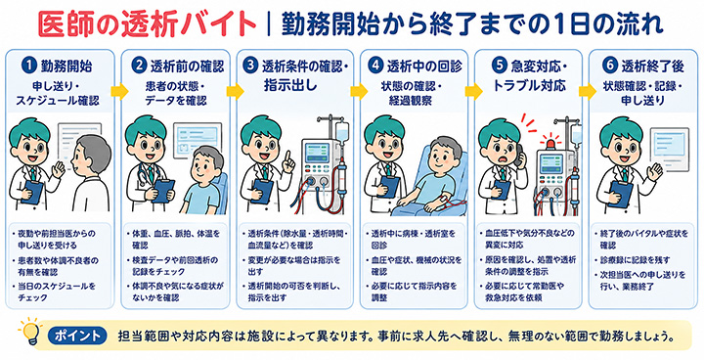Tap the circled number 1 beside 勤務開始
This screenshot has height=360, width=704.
click(x=29, y=67)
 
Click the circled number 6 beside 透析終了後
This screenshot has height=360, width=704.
click(x=609, y=67)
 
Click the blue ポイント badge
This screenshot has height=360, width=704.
click(x=77, y=336)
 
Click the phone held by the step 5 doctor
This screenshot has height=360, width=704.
click(x=519, y=155)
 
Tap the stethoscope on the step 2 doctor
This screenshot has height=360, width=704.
click(x=144, y=177)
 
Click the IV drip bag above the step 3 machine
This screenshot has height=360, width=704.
click(x=342, y=131)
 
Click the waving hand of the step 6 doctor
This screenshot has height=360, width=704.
click(x=655, y=172)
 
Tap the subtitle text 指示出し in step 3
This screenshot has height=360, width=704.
click(x=290, y=85)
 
